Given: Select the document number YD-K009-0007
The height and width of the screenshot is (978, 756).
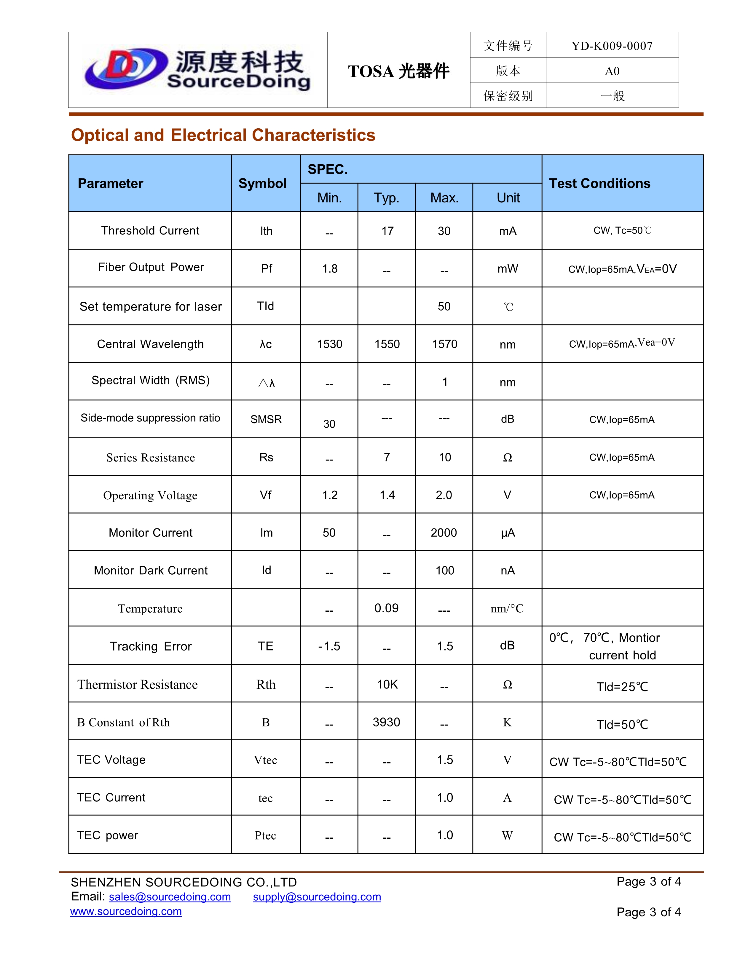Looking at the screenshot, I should [x=612, y=46].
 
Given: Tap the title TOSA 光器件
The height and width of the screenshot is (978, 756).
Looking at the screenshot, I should [x=398, y=71].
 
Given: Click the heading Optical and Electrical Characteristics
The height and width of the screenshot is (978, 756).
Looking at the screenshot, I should [x=223, y=135].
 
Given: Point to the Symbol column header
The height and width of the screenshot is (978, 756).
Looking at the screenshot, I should [x=262, y=184].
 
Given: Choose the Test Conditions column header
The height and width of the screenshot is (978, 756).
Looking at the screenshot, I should [x=600, y=184].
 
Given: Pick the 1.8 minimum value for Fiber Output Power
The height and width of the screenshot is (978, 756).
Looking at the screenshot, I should [x=330, y=269].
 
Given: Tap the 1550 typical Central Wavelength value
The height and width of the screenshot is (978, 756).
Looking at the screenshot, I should [x=387, y=344].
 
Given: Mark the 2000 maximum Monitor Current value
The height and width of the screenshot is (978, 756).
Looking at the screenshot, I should [x=444, y=533].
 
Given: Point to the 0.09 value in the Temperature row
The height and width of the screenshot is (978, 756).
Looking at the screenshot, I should [x=387, y=608].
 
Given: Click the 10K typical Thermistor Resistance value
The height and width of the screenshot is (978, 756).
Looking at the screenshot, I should [x=387, y=684].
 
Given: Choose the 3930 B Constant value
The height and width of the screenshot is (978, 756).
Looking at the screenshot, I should [x=387, y=722].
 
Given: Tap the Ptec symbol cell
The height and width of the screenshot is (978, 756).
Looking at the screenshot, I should [x=266, y=836].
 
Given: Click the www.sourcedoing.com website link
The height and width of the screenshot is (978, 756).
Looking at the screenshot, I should [x=126, y=911].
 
